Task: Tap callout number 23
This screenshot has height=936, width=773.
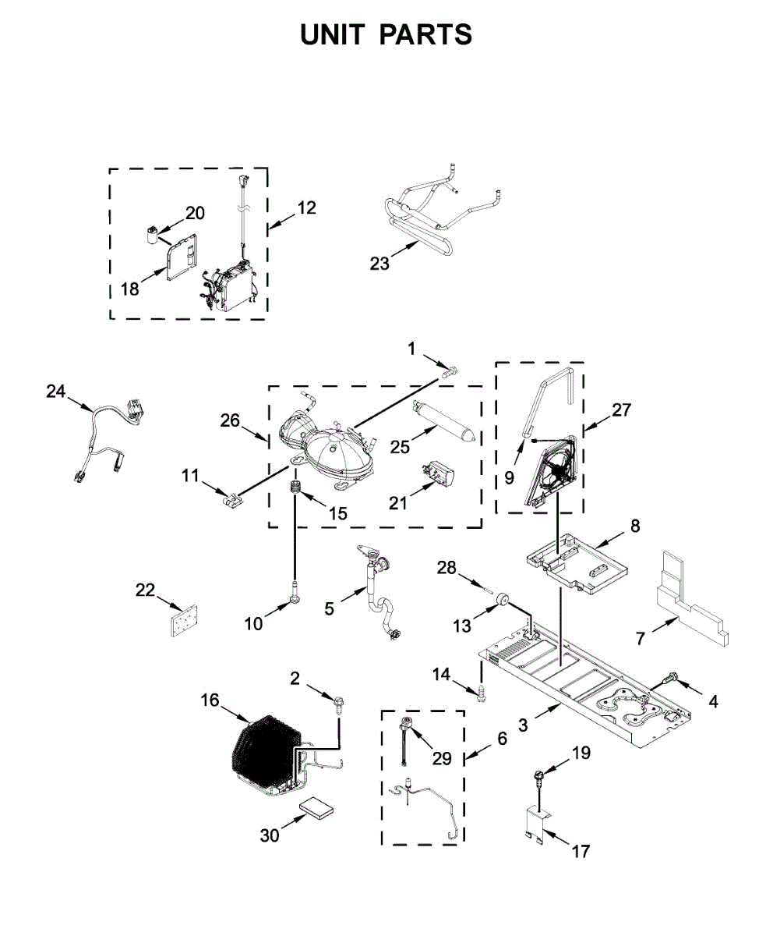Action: click(x=379, y=264)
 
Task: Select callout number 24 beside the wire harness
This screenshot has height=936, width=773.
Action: click(x=55, y=392)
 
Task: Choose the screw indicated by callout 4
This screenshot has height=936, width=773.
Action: click(x=669, y=679)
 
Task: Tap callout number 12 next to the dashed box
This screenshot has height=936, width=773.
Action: click(x=306, y=207)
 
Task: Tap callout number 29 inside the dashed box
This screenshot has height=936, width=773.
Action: click(x=441, y=758)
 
